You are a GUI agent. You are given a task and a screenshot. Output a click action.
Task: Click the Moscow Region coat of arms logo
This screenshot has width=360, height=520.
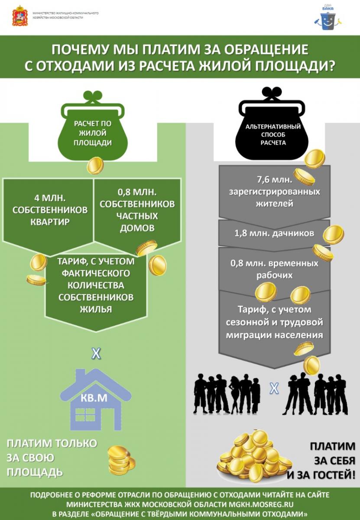click(x=20, y=16)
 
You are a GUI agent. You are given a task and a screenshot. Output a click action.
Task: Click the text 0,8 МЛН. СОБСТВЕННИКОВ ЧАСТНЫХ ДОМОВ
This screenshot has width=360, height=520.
click(x=137, y=209)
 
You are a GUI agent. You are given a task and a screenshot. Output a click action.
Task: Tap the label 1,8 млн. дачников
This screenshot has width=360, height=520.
click(x=268, y=233)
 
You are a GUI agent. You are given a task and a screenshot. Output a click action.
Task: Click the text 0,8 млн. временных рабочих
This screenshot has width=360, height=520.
click(x=275, y=269)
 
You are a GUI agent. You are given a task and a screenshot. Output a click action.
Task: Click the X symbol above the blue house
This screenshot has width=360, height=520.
click(x=96, y=354)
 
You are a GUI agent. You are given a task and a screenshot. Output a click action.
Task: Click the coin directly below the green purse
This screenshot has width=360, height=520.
click(x=95, y=166)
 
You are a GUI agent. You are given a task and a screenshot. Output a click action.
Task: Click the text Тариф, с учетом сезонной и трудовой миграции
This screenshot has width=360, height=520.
click(x=275, y=322)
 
